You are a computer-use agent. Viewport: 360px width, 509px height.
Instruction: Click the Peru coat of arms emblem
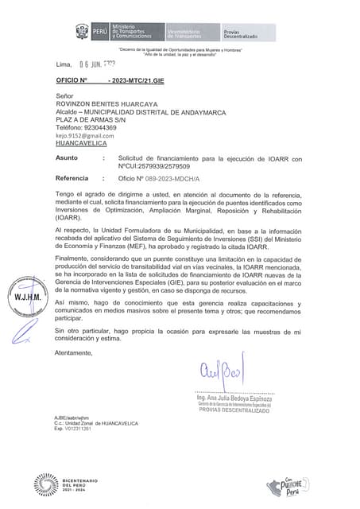point(82,32)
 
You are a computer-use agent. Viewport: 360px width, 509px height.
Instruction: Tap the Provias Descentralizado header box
point(242,32)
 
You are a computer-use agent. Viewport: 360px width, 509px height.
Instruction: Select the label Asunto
point(67,159)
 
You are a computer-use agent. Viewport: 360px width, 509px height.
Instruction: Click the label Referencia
point(72,178)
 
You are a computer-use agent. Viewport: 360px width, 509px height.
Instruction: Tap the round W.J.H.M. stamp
point(24,297)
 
